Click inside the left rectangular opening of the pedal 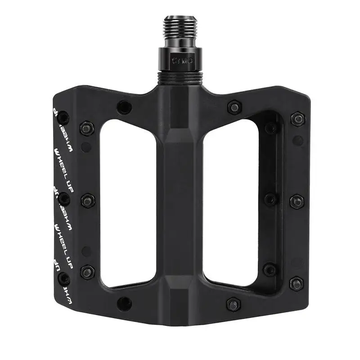(130, 202)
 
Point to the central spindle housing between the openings (180, 202)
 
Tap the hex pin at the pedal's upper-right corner (297, 119)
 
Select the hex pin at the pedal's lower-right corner (296, 283)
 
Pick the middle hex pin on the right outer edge (297, 201)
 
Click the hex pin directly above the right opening (234, 107)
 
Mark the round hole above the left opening (124, 108)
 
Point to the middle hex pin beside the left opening (87, 200)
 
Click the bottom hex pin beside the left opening (87, 272)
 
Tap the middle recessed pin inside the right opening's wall (270, 199)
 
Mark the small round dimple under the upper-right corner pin (297, 140)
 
